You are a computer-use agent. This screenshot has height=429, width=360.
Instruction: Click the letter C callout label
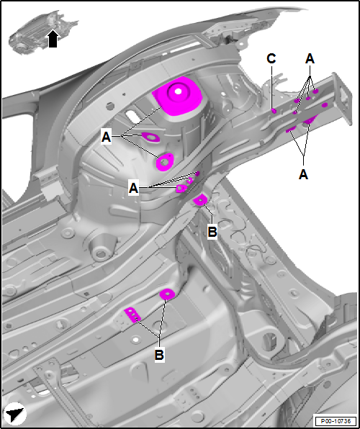[x=271, y=59]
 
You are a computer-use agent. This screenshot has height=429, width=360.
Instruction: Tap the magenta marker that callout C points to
[x=274, y=111]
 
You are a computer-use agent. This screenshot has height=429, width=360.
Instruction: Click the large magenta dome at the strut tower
[x=177, y=95]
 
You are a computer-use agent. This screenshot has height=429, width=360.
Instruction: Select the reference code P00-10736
[x=336, y=420]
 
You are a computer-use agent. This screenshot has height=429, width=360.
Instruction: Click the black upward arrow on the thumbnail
[x=53, y=39]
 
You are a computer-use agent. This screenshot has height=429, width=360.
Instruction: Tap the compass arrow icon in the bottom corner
[x=15, y=414]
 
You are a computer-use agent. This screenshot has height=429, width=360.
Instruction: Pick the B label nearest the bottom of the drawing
[x=159, y=355]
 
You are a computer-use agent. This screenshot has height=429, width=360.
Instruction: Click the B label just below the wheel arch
[x=212, y=232]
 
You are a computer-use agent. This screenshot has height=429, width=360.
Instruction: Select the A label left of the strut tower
[x=107, y=137]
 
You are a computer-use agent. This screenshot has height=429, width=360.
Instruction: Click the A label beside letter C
[x=310, y=58]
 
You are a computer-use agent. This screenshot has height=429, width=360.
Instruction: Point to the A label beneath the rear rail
[x=303, y=174]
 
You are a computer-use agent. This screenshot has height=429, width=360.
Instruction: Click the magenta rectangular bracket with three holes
[x=132, y=315]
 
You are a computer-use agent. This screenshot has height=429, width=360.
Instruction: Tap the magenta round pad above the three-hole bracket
[x=167, y=294]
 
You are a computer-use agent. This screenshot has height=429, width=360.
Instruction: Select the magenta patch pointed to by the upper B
[x=200, y=200]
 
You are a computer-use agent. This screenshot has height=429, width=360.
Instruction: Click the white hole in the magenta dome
[x=179, y=91]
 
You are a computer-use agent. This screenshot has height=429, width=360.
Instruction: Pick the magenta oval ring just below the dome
[x=150, y=137]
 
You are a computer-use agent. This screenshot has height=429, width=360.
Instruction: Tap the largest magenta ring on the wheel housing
[x=165, y=162]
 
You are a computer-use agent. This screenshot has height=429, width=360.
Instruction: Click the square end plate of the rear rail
[x=342, y=99]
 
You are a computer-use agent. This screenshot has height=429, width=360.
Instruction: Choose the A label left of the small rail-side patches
[x=133, y=189]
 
